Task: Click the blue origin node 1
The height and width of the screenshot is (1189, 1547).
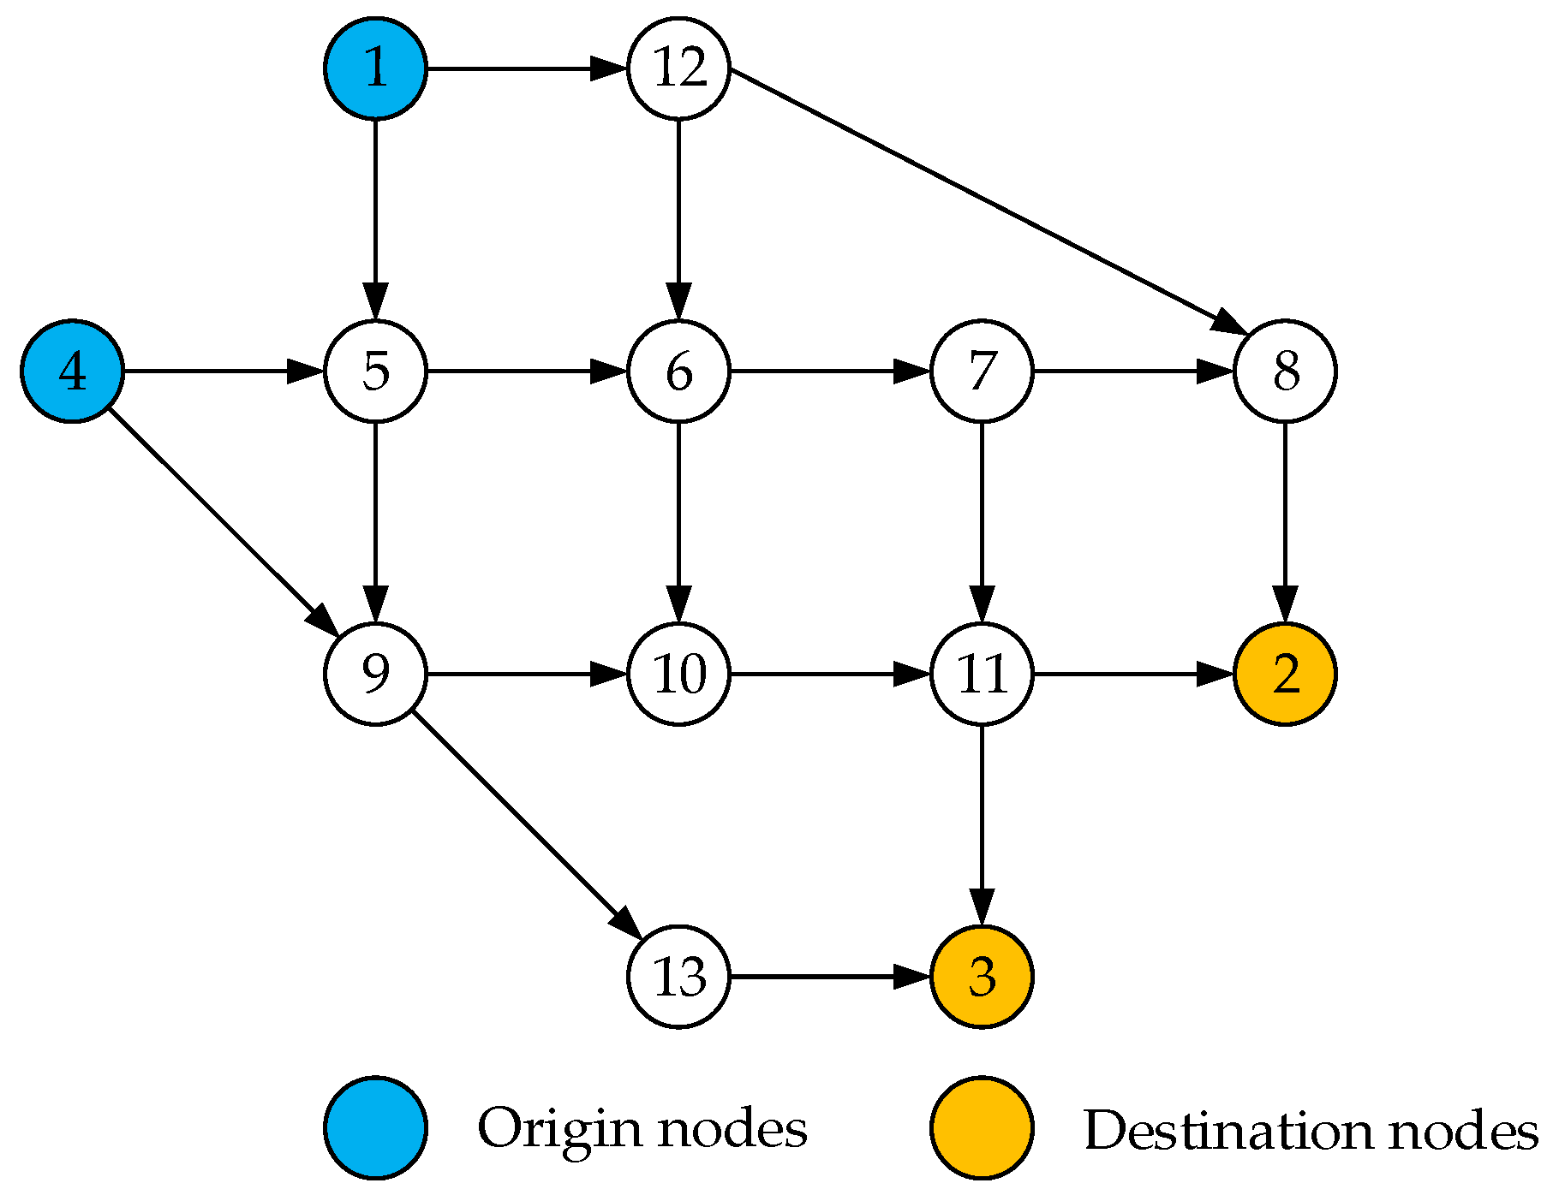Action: coord(375,68)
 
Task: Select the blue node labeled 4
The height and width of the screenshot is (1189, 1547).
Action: coord(73,372)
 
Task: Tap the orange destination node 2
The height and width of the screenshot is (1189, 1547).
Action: coord(1285,674)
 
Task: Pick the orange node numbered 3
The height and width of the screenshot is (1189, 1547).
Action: coord(982,977)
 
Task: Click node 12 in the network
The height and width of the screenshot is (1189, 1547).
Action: coord(678,68)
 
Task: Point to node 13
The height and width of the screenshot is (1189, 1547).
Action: coord(678,977)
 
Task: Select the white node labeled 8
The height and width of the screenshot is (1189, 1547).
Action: coord(1285,372)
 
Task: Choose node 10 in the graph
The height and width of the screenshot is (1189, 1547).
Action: coord(678,674)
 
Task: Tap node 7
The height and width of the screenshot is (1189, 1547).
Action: coord(982,372)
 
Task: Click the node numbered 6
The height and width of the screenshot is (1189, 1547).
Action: coord(678,372)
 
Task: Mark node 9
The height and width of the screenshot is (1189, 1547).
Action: coord(375,674)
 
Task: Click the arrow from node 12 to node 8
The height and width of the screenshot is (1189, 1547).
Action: coord(988,201)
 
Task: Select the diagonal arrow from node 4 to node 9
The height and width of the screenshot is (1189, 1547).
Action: coord(224,522)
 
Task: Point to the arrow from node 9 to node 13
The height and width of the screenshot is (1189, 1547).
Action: coord(527,825)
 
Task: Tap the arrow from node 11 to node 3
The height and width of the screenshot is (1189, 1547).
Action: coord(982,825)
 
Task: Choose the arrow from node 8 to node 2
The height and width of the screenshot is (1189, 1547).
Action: coord(1285,522)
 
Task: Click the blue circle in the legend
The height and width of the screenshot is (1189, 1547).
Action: coord(375,1128)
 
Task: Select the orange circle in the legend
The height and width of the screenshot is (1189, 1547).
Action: coord(982,1128)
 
